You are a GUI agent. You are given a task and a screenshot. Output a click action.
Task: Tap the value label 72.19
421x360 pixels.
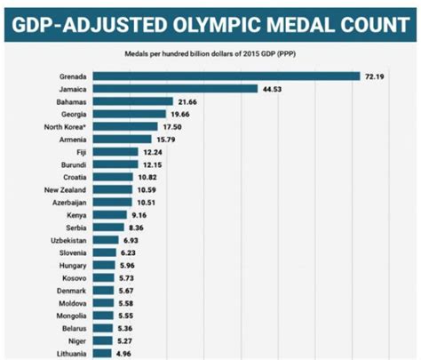[375, 76]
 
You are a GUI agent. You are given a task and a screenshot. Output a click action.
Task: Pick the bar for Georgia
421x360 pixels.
[131, 114]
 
